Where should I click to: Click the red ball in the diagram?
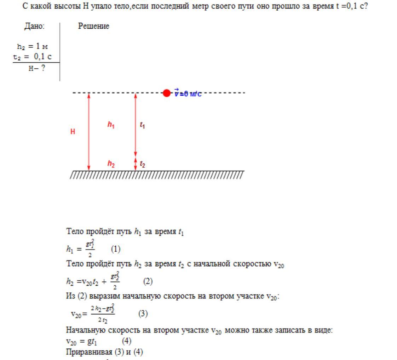pyautogui.click(x=167, y=93)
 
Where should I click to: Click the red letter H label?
pyautogui.click(x=73, y=132)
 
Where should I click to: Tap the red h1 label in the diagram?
pyautogui.click(x=111, y=125)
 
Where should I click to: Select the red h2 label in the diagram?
pyautogui.click(x=111, y=164)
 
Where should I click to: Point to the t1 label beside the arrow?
pyautogui.click(x=142, y=125)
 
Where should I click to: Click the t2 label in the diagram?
pyautogui.click(x=142, y=164)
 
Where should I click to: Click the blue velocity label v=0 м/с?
pyautogui.click(x=188, y=94)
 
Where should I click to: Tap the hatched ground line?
pyautogui.click(x=157, y=175)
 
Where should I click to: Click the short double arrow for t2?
pyautogui.click(x=135, y=164)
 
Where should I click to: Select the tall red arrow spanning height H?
pyautogui.click(x=89, y=132)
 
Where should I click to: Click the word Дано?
pyautogui.click(x=34, y=26)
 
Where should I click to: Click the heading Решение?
pyautogui.click(x=93, y=26)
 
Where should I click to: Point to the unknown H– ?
pyautogui.click(x=37, y=69)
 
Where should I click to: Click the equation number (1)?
pyautogui.click(x=115, y=250)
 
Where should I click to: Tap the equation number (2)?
pyautogui.click(x=148, y=281)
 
